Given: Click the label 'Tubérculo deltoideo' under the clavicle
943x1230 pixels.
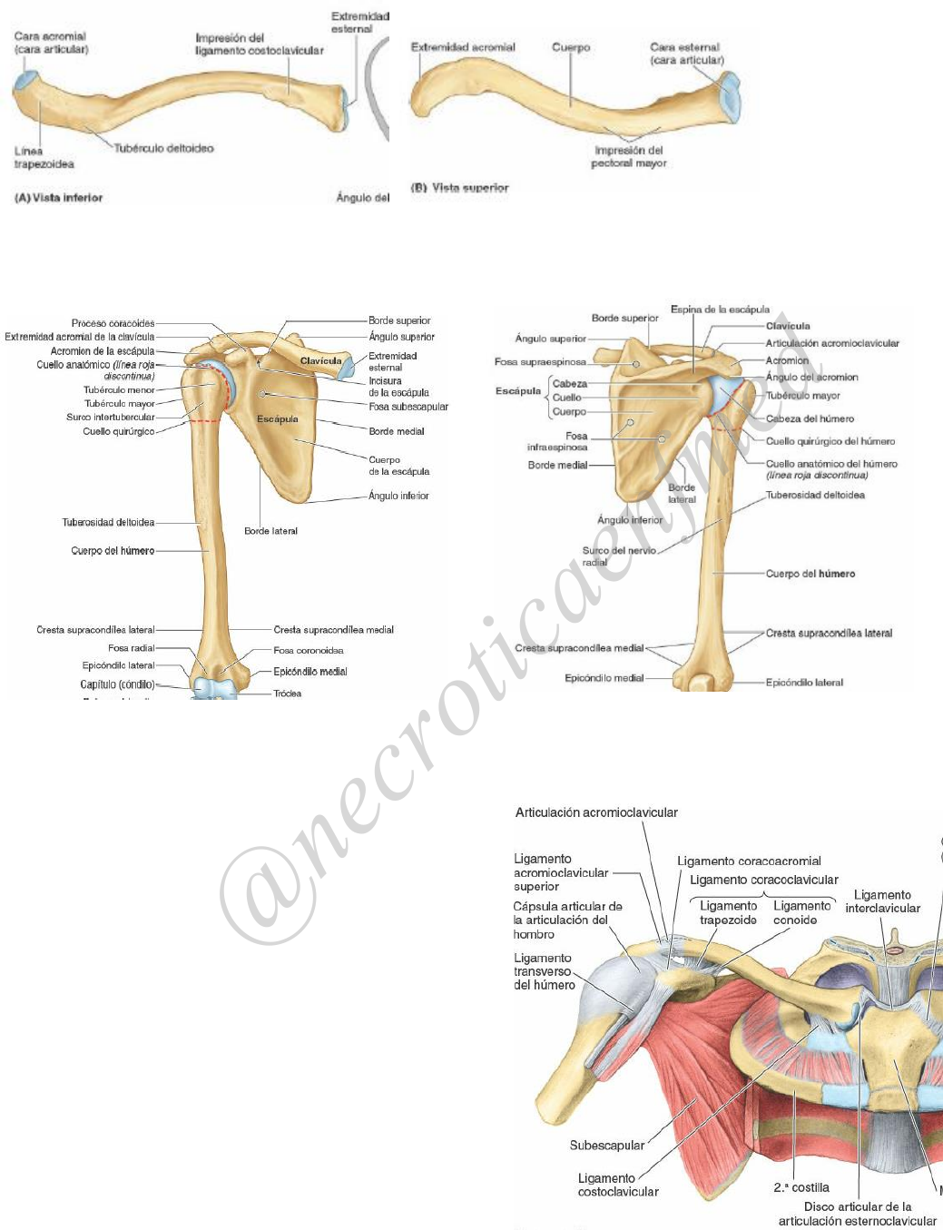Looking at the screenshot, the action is pos(163,148).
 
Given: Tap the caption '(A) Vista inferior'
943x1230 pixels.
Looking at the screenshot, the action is pos(59,197).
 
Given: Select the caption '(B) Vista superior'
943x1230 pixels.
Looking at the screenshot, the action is pos(460,188).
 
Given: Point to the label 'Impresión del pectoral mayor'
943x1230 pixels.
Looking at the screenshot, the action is pos(629,157).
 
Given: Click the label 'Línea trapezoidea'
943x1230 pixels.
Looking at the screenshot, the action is pos(44,157).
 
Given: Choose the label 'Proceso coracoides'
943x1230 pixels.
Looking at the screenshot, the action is pos(113,323).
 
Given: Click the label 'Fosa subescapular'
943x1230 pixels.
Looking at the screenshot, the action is pos(408,407).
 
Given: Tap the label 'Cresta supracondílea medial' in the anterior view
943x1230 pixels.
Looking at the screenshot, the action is pos(333,629).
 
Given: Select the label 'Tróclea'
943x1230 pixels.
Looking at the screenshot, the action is pos(288,694).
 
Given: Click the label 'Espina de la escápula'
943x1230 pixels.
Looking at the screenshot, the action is pos(720,310).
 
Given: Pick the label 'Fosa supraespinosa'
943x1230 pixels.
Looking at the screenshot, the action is pos(540,361).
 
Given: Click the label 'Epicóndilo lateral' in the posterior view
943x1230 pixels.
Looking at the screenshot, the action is pos(804,683).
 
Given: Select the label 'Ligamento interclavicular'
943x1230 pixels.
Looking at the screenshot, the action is pos(882,901).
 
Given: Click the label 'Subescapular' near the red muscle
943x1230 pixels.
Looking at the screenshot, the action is pos(606,1146).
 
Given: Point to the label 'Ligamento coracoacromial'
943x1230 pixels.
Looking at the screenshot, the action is pos(749,861).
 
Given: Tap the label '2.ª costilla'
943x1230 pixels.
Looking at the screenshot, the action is pos(801,1187).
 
